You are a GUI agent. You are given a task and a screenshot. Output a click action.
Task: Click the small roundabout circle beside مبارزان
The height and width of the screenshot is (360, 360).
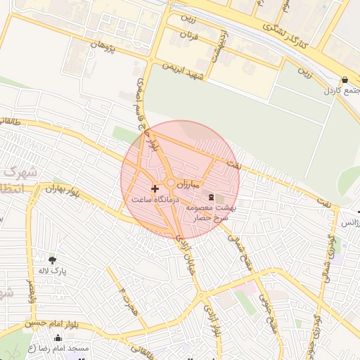(x=171, y=184)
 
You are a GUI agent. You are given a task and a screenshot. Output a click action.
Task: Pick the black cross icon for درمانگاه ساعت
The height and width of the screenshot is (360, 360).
(x=155, y=188)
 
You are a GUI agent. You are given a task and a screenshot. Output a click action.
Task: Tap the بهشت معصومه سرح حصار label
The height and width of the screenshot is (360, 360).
(x=212, y=213)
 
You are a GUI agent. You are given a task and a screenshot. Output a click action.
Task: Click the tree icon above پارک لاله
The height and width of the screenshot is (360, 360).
(x=53, y=259)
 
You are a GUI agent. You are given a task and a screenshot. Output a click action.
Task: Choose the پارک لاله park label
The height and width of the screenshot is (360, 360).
(x=53, y=271)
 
